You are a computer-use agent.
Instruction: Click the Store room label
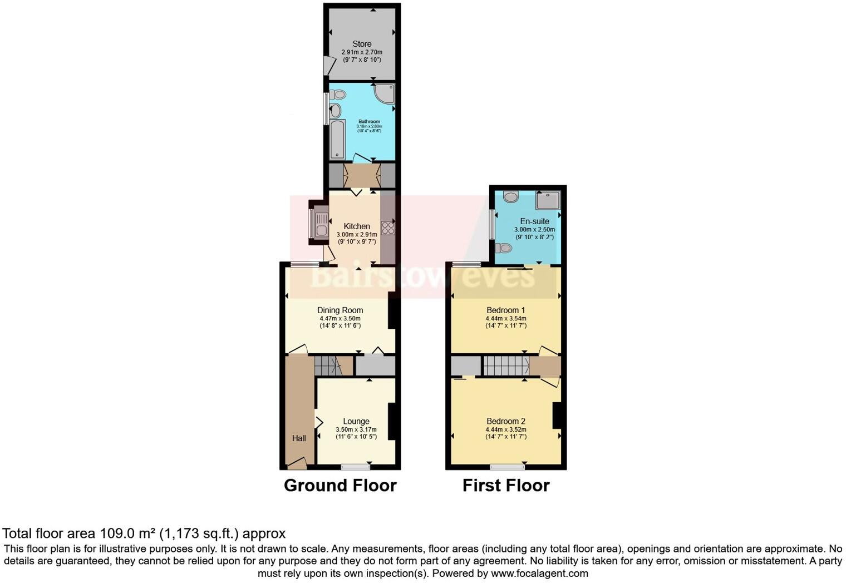click(x=362, y=44)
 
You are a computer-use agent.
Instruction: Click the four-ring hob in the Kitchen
click(x=387, y=229)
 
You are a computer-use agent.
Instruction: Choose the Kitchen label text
click(x=357, y=226)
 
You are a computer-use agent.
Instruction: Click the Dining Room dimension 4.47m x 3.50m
click(x=340, y=318)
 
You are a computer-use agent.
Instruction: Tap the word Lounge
click(x=356, y=422)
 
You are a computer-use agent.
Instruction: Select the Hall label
click(x=299, y=438)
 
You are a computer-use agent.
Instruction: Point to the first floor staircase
click(x=506, y=366)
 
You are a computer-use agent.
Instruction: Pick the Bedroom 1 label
click(x=505, y=310)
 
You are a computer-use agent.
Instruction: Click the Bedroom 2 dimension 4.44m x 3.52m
click(x=505, y=429)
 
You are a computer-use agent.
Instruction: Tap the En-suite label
click(x=534, y=221)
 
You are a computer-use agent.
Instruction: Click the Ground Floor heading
click(x=340, y=486)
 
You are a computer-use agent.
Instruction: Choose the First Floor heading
click(x=506, y=486)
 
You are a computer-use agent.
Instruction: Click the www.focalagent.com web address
click(x=539, y=573)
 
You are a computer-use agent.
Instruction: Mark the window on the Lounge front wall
click(x=356, y=466)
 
